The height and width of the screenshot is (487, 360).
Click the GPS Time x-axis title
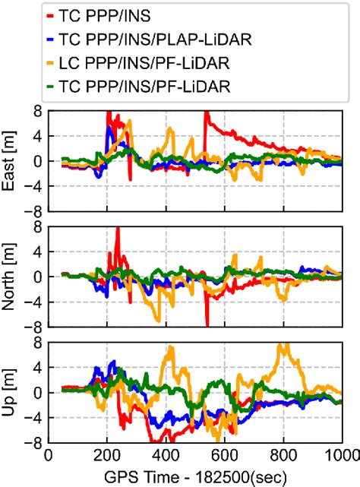tap(194, 476)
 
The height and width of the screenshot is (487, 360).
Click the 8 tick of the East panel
tap(36, 111)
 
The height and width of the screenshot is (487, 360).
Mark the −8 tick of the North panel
tap(33, 326)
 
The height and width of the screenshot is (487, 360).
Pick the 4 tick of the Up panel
tap(36, 368)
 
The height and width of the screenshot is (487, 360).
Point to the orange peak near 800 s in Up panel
tap(284, 346)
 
